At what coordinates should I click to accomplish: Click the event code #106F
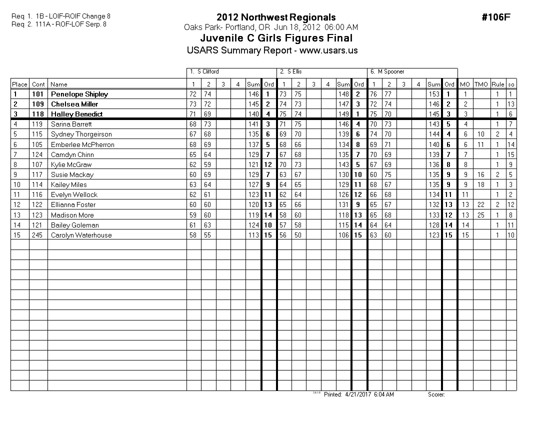495,17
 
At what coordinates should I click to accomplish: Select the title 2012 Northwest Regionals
276,17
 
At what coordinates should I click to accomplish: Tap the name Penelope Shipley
79,94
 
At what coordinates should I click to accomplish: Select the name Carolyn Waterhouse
81,235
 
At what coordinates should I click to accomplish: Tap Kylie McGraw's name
71,164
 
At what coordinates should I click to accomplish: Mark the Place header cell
19,84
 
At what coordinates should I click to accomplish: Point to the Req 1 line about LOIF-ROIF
61,16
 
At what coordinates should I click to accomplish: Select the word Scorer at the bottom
436,394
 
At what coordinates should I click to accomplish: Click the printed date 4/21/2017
356,394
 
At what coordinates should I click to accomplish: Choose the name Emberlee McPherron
82,144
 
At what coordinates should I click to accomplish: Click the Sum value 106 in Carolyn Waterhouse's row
343,235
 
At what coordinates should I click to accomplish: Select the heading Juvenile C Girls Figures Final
276,38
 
